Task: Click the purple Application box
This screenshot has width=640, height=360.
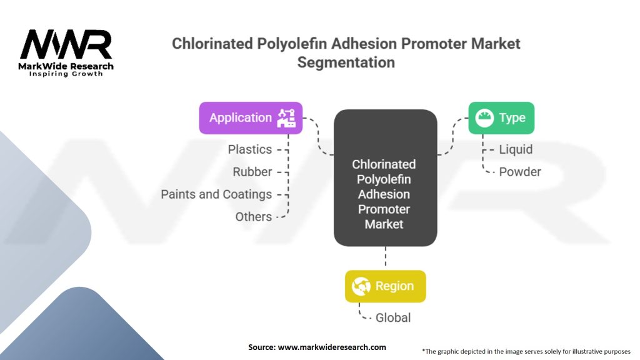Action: [250, 117]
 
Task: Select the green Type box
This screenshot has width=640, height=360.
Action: [501, 117]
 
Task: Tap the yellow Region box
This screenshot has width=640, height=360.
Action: [385, 286]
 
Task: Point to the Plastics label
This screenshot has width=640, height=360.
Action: [249, 149]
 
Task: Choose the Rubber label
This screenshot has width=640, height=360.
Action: [252, 172]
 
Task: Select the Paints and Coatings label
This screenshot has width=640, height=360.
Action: [216, 194]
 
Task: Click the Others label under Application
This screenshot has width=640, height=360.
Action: [253, 217]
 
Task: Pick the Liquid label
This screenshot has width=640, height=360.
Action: [516, 149]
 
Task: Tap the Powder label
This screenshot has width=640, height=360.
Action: [519, 172]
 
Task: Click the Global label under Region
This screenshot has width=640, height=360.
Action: [393, 317]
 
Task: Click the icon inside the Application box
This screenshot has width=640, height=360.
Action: [287, 117]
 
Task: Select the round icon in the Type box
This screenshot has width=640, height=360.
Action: [484, 117]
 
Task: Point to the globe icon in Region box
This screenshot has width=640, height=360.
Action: [361, 286]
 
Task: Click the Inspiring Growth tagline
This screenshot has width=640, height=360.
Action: [66, 74]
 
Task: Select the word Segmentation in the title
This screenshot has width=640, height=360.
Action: [346, 62]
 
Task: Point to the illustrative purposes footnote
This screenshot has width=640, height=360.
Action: [526, 351]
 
